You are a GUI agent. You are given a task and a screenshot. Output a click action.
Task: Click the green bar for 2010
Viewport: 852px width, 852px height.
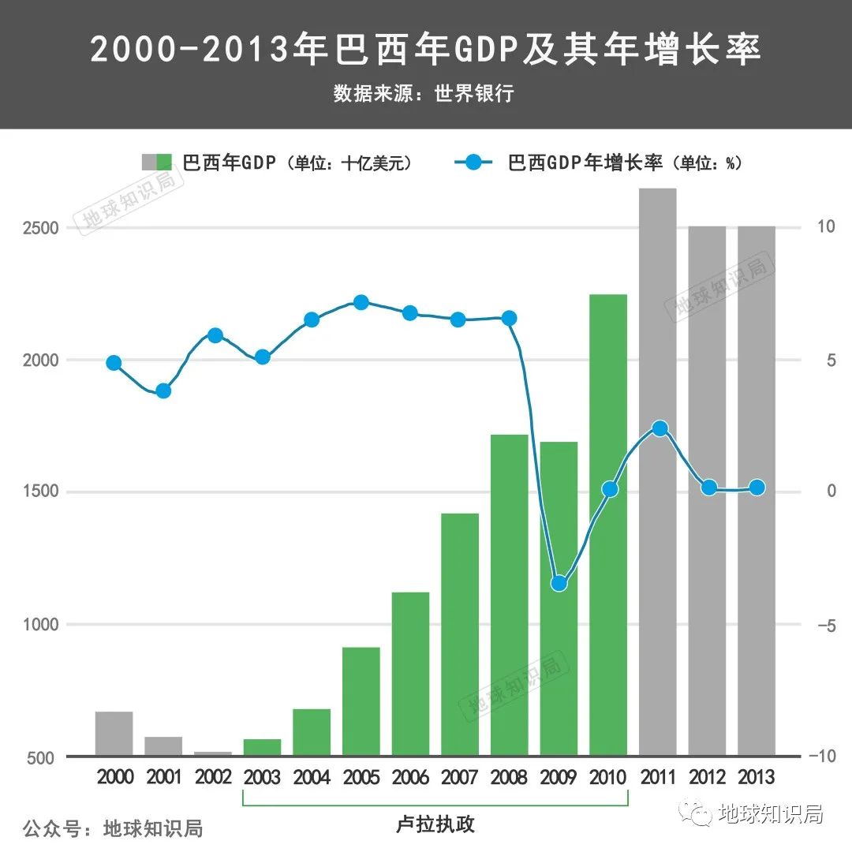608,525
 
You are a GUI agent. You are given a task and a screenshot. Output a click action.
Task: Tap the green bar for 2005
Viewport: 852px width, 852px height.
361,701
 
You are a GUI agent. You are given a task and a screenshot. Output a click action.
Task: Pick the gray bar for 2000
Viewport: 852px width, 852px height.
114,734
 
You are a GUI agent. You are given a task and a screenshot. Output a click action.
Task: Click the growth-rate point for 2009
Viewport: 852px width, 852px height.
559,584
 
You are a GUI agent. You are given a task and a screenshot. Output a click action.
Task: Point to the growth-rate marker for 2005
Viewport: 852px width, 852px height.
361,303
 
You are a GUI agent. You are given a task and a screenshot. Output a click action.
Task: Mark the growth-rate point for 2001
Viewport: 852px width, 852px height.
163,390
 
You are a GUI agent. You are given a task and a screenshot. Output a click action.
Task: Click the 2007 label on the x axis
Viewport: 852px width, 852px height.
460,778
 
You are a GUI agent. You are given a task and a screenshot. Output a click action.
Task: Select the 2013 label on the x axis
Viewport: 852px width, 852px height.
757,778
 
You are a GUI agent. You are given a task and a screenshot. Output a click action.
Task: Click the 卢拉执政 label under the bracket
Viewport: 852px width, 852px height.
435,825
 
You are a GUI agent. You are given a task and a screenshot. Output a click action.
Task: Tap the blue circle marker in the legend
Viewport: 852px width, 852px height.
473,163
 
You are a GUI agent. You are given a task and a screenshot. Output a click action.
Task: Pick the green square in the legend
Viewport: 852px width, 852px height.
164,163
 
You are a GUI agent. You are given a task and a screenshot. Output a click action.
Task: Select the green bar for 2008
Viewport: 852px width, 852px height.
510,596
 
